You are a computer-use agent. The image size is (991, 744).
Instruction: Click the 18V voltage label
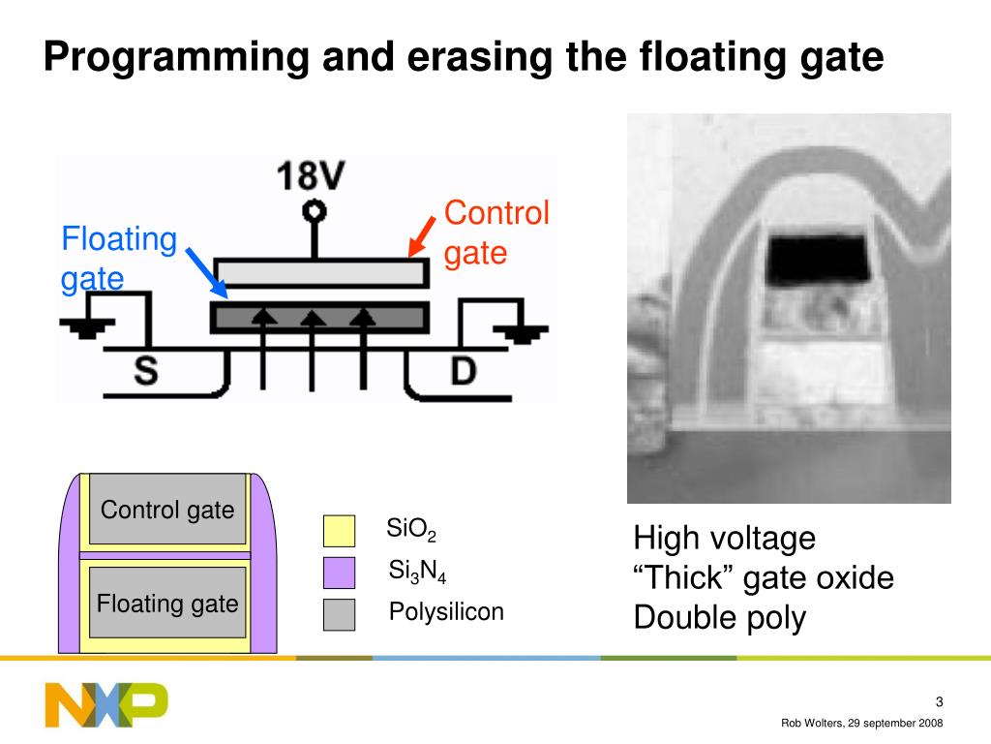[312, 176]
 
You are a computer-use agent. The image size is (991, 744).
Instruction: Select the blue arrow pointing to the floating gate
[205, 272]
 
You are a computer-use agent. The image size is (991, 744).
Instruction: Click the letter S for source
[146, 372]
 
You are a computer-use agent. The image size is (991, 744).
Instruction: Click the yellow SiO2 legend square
[339, 531]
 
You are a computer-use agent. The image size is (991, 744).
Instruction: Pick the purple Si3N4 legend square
[339, 573]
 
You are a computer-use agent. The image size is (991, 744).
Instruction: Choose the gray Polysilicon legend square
[339, 614]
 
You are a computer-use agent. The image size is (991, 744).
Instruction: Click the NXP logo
[105, 704]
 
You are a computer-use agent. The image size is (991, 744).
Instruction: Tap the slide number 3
[939, 702]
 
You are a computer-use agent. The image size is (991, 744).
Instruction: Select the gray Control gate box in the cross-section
[167, 510]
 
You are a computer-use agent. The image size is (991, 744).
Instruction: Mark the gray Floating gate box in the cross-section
[167, 604]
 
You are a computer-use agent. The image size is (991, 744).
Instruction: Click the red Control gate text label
[496, 233]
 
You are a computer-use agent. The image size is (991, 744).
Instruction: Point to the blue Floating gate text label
[118, 259]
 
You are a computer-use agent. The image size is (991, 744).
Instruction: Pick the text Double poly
[719, 618]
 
